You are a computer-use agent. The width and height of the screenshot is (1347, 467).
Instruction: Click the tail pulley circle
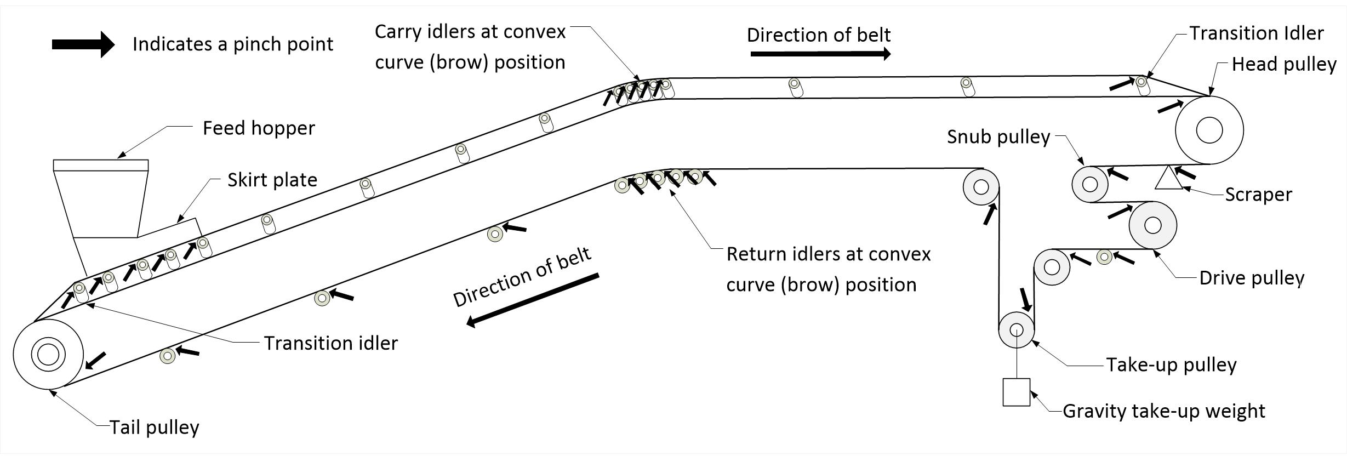[x=48, y=354]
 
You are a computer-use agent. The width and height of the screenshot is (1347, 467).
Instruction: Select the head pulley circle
[x=1209, y=130]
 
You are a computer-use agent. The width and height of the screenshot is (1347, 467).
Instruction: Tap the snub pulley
[x=1090, y=184]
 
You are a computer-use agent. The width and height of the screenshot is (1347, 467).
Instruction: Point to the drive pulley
[x=1153, y=225]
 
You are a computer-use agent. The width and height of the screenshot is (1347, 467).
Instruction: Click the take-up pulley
[x=1017, y=330]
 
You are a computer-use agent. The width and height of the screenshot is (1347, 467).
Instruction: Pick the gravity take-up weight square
[x=1017, y=392]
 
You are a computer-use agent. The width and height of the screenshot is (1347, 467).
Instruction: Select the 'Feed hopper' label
[x=259, y=128]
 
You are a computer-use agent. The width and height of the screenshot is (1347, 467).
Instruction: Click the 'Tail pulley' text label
[x=155, y=428]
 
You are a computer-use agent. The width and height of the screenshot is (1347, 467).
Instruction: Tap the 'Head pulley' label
[x=1284, y=65]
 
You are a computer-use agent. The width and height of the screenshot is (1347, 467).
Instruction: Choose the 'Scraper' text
[x=1258, y=195]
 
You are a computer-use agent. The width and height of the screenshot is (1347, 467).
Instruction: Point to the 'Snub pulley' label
[x=998, y=137]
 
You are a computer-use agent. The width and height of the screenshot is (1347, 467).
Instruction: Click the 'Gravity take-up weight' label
[x=1163, y=411]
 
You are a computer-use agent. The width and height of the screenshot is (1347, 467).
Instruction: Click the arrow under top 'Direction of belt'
[x=820, y=54]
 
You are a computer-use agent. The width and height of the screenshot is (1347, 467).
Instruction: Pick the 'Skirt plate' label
[x=272, y=180]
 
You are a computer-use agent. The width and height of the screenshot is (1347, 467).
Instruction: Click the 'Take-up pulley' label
[x=1171, y=365]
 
